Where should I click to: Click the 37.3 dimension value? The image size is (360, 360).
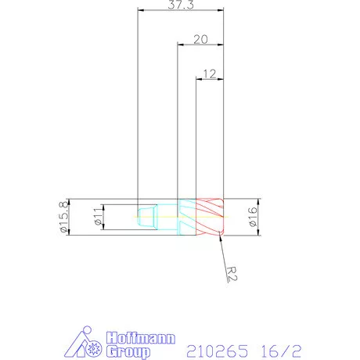180,5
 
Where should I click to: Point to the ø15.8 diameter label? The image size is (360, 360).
63,217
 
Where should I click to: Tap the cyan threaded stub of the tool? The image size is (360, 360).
147,217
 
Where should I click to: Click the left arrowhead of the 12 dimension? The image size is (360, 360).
197,80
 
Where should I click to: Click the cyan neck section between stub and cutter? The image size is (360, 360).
186,217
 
